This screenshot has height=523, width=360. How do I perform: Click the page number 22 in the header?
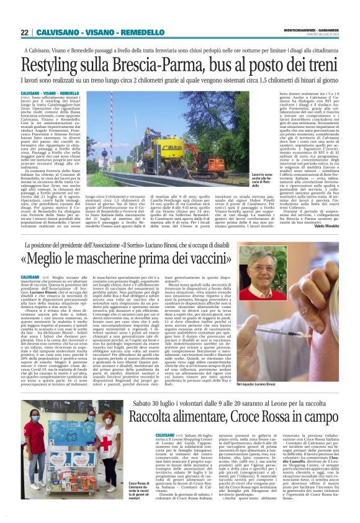[x=25, y=32]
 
